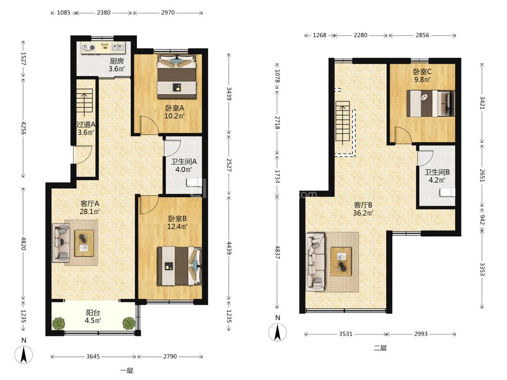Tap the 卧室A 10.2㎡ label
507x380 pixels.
point(174,112)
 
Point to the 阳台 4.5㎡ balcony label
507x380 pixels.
point(93,317)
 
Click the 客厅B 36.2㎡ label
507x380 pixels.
point(363,209)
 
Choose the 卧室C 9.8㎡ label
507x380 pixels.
point(422,75)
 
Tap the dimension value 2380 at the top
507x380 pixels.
point(104,13)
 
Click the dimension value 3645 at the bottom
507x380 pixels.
point(93,357)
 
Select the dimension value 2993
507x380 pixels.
point(420,334)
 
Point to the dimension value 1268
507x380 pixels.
point(320,35)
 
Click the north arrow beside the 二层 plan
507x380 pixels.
point(278,332)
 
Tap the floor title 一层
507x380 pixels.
point(127,371)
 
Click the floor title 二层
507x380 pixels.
point(380,348)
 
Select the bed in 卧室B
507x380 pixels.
point(179,266)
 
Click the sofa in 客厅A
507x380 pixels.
point(61,243)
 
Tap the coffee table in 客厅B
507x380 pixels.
point(341,262)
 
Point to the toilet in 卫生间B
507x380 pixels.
point(448,193)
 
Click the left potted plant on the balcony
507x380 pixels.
point(59,323)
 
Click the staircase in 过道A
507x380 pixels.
point(84,103)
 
